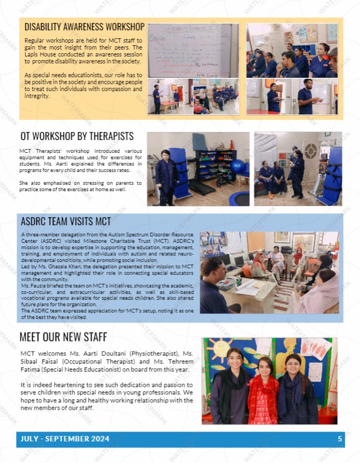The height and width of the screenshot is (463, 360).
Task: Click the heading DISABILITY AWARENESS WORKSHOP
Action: (x=84, y=27)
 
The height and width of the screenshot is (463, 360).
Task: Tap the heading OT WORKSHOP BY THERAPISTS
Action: (x=77, y=137)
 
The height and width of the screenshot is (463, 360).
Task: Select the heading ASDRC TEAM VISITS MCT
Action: (x=66, y=221)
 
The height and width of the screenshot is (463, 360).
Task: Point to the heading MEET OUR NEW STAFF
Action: (x=63, y=337)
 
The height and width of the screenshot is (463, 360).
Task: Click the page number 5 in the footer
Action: (x=340, y=439)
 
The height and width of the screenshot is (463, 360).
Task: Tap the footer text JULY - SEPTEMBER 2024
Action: (x=64, y=439)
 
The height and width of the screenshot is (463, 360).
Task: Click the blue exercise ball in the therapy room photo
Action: (x=238, y=166)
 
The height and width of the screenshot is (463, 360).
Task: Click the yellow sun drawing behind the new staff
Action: (x=219, y=349)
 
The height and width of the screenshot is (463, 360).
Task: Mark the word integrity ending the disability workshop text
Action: (x=37, y=96)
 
